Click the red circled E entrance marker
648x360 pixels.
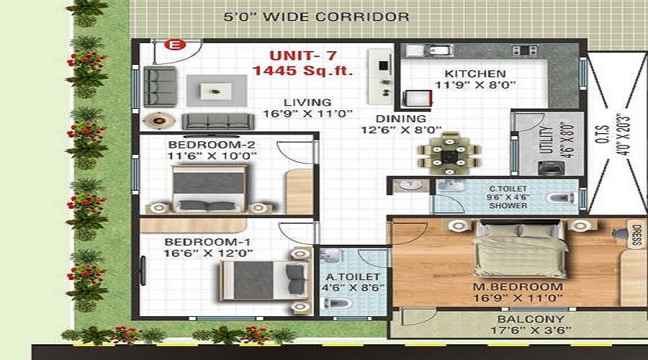coord(175,45)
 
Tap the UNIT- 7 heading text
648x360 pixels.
coord(303,55)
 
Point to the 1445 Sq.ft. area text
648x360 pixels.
coord(302,71)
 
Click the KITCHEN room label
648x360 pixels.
coord(475,73)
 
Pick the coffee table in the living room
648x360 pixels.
coord(215,91)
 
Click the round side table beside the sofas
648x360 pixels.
coord(158,121)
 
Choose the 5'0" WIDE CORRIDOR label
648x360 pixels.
coord(316,17)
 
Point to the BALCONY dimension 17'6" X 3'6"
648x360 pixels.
coord(531,330)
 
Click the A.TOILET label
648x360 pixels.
coord(353,276)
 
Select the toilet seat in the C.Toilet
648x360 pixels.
coord(560,198)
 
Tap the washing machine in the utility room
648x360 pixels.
coord(552,168)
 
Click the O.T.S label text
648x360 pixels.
coord(603,134)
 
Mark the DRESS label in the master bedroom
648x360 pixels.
coord(636,235)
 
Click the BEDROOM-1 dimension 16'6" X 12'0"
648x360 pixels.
coord(208,253)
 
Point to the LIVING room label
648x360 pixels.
coord(307,102)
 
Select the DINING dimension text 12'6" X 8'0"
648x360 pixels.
coord(401,130)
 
